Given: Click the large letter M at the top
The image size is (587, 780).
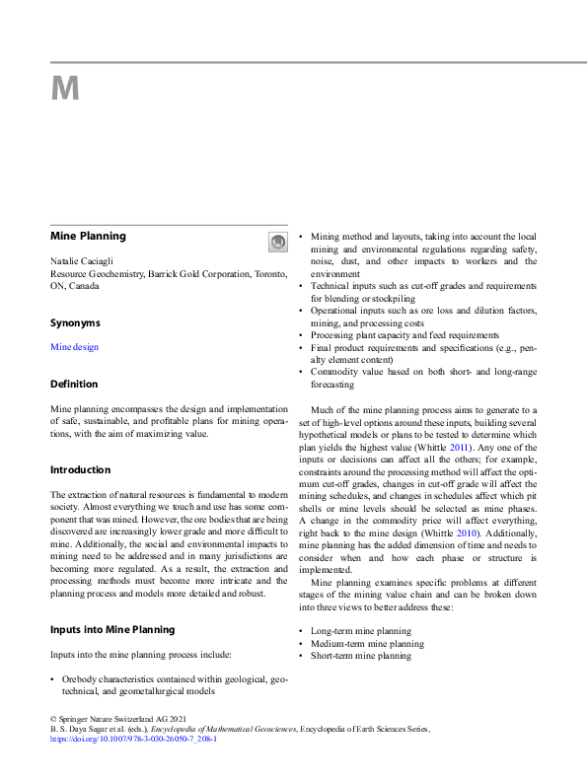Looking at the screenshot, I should pyautogui.click(x=65, y=90).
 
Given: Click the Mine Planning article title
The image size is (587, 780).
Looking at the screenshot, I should pyautogui.click(x=88, y=237).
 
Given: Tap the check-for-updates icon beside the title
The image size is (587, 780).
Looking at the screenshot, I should pyautogui.click(x=277, y=242).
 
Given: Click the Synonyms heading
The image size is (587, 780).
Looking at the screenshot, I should pyautogui.click(x=75, y=322).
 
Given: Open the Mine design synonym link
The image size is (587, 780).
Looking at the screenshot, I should pyautogui.click(x=74, y=347).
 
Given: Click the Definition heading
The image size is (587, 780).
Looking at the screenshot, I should pyautogui.click(x=74, y=384).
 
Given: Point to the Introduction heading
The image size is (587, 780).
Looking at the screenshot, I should pyautogui.click(x=81, y=469).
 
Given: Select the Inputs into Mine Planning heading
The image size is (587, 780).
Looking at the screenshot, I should pyautogui.click(x=112, y=629).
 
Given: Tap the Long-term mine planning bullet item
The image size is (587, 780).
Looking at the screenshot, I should pyautogui.click(x=361, y=631).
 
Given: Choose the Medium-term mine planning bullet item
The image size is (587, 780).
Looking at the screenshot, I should pyautogui.click(x=367, y=644).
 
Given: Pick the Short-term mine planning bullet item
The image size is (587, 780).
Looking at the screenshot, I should pyautogui.click(x=361, y=656).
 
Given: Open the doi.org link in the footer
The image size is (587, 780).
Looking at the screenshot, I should pyautogui.click(x=133, y=738).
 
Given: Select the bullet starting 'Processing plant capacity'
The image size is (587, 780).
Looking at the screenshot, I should pyautogui.click(x=391, y=335).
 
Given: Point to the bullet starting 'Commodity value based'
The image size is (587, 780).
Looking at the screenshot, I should pyautogui.click(x=423, y=372).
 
